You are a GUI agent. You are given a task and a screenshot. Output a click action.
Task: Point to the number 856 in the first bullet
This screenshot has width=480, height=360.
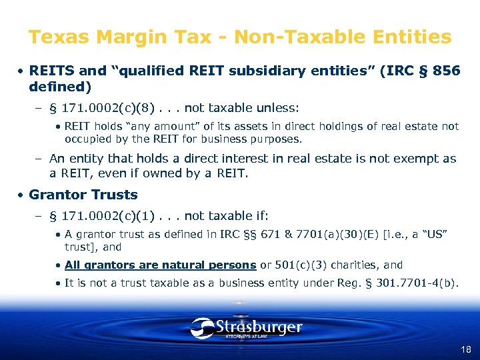[x=446, y=71]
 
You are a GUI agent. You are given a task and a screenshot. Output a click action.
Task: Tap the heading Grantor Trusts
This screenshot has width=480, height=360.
[x=83, y=195]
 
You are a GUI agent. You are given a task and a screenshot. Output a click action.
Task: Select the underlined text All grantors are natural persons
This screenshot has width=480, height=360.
[x=160, y=265]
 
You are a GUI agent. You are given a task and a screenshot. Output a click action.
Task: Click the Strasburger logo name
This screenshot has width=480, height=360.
[x=259, y=327]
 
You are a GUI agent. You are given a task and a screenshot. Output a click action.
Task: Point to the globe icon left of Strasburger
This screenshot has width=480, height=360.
[x=202, y=327]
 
